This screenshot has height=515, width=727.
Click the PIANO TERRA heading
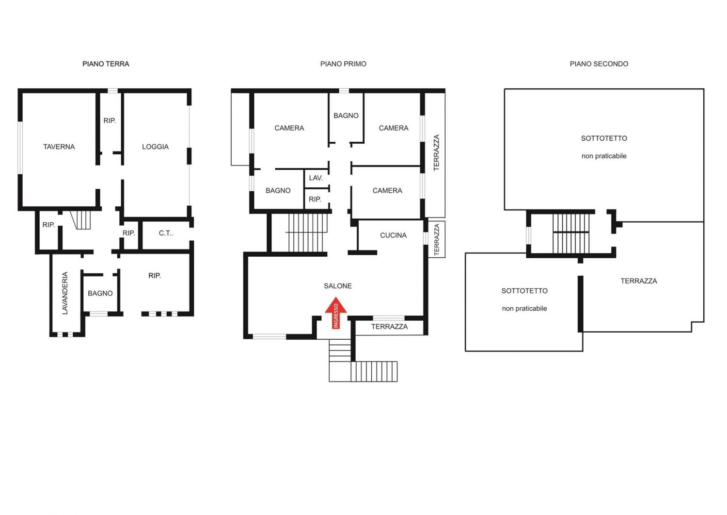106,64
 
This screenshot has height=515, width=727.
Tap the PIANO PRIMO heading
343,64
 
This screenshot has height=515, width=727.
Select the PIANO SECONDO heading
599,64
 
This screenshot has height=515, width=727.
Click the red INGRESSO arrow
336,313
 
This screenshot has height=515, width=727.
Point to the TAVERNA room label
59,147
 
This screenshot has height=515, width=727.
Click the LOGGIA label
155,147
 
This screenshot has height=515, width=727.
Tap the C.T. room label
166,233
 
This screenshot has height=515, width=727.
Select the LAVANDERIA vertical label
65,293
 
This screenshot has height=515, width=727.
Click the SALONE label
338,286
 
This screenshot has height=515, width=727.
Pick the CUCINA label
394,235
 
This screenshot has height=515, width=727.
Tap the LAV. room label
316,178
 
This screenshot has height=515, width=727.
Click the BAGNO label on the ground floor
100,293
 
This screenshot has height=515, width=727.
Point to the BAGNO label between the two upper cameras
346,116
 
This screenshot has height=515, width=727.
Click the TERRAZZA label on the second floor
639,281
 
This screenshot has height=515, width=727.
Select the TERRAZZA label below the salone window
390,327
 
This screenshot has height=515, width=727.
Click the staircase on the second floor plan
571,233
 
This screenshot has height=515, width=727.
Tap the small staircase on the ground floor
80,220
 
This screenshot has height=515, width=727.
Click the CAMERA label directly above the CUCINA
387,190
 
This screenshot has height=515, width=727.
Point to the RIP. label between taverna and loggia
110,121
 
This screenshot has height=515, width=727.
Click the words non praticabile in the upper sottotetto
604,156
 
